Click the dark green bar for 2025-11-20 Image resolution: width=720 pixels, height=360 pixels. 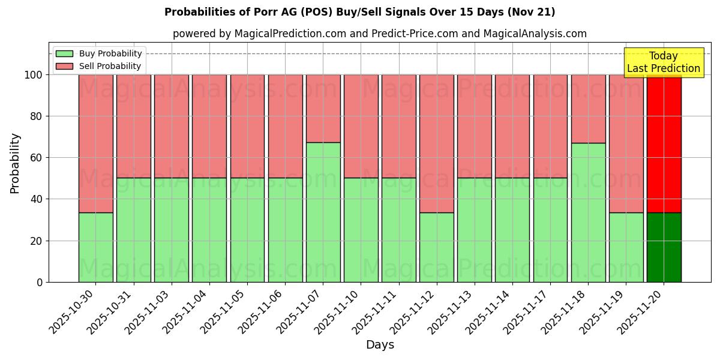tap(664, 247)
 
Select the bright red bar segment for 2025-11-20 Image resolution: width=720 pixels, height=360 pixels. tap(664, 144)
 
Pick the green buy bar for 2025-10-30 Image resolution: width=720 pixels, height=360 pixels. tap(95, 247)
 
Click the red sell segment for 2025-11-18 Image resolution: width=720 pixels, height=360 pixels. tap(588, 109)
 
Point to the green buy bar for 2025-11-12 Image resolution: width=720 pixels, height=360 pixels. tap(436, 247)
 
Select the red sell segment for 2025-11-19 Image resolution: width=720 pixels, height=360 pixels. tap(626, 143)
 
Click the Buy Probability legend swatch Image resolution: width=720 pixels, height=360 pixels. tap(64, 53)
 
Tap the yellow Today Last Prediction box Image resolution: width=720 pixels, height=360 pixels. tap(663, 62)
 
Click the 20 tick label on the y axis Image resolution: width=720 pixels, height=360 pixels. tap(36, 241)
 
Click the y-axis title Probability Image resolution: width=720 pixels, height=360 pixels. tap(15, 163)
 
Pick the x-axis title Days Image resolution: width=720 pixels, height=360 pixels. tap(380, 345)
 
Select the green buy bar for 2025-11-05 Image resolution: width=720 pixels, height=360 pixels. tap(247, 230)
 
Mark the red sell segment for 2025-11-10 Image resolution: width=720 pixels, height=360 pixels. tap(361, 126)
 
